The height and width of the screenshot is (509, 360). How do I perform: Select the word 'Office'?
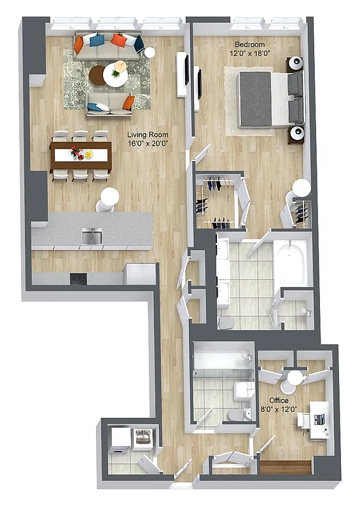279,400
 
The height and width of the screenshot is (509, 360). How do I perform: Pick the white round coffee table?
116,76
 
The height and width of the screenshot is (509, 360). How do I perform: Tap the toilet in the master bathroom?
226,323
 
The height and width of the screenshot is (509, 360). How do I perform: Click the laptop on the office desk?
319,419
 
